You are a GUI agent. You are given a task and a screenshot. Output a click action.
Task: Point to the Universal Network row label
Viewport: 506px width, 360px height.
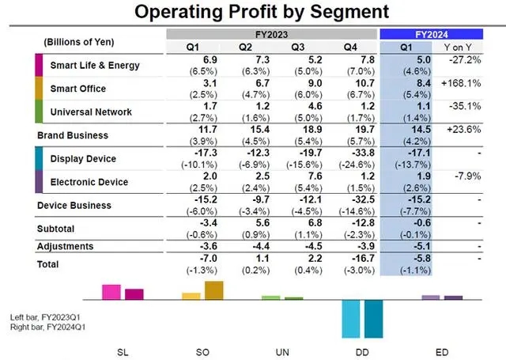point(91,112)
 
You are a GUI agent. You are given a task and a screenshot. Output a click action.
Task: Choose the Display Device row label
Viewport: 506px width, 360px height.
point(83,159)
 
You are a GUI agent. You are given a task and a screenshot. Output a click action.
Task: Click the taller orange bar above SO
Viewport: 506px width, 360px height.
point(213,290)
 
